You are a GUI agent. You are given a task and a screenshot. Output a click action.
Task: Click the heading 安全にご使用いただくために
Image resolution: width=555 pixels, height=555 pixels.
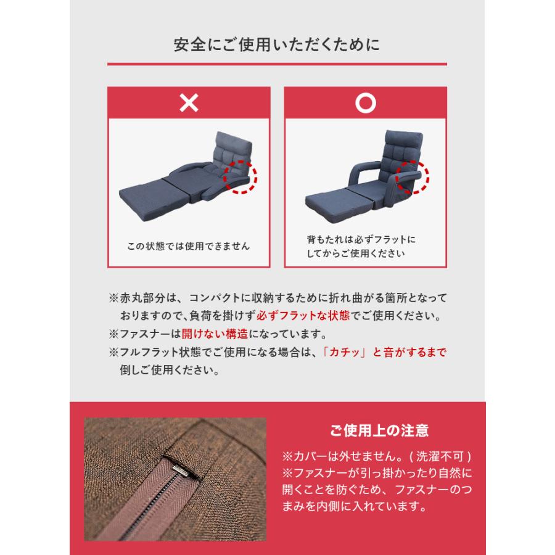pyautogui.click(x=277, y=45)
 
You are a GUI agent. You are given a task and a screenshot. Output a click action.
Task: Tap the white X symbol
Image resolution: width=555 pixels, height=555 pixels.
pyautogui.click(x=189, y=103)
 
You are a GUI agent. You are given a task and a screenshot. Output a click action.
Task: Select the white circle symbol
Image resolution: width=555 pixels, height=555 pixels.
pyautogui.click(x=366, y=103)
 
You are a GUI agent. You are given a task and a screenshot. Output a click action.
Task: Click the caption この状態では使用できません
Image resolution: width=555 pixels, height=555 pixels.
pyautogui.click(x=188, y=246)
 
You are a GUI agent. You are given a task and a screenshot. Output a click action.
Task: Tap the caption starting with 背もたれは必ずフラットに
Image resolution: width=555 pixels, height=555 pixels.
pyautogui.click(x=361, y=245)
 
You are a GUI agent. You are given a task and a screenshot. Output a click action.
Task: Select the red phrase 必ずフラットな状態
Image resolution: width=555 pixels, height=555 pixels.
pyautogui.click(x=314, y=316)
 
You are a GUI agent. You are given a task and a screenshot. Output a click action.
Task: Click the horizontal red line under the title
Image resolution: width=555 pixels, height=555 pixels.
pyautogui.click(x=277, y=64)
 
